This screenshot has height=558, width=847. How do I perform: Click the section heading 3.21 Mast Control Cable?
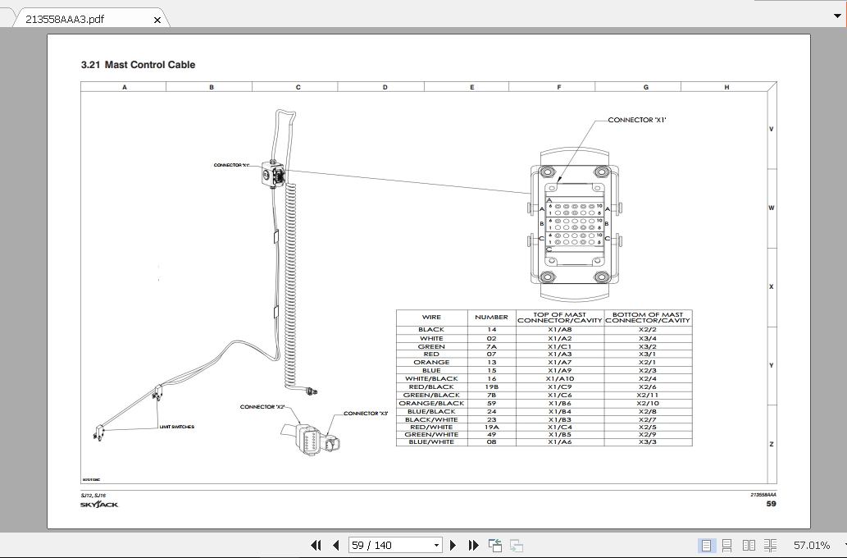(x=138, y=65)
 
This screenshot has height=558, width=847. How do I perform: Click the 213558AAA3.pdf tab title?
(x=65, y=19)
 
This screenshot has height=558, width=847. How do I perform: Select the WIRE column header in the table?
(x=431, y=317)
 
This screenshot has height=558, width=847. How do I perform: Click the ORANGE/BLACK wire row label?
(x=431, y=403)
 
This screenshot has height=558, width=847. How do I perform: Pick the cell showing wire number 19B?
(x=491, y=386)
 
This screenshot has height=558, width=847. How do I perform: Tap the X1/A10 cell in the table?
(x=560, y=378)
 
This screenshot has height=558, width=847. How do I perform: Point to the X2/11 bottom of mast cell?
(x=648, y=395)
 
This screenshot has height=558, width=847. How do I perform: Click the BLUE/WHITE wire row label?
(x=431, y=442)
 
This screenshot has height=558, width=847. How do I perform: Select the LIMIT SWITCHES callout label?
(x=177, y=427)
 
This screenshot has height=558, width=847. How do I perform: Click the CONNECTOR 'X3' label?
(x=366, y=414)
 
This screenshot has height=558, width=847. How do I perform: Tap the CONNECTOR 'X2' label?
(x=262, y=407)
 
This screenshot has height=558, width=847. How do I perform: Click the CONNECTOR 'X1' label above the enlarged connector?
(x=637, y=120)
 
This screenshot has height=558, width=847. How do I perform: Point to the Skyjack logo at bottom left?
(x=99, y=504)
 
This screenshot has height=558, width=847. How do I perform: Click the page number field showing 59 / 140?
(x=394, y=545)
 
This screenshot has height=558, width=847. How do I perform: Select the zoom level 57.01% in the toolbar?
(x=811, y=545)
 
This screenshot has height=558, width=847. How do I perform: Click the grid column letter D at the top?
(x=385, y=87)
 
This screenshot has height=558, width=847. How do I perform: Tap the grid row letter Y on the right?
(x=771, y=365)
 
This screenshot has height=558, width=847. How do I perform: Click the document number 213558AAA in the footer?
(x=763, y=494)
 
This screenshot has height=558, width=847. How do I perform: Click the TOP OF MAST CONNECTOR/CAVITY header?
(x=560, y=318)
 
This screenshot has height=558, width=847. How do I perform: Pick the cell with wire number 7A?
(x=491, y=346)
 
